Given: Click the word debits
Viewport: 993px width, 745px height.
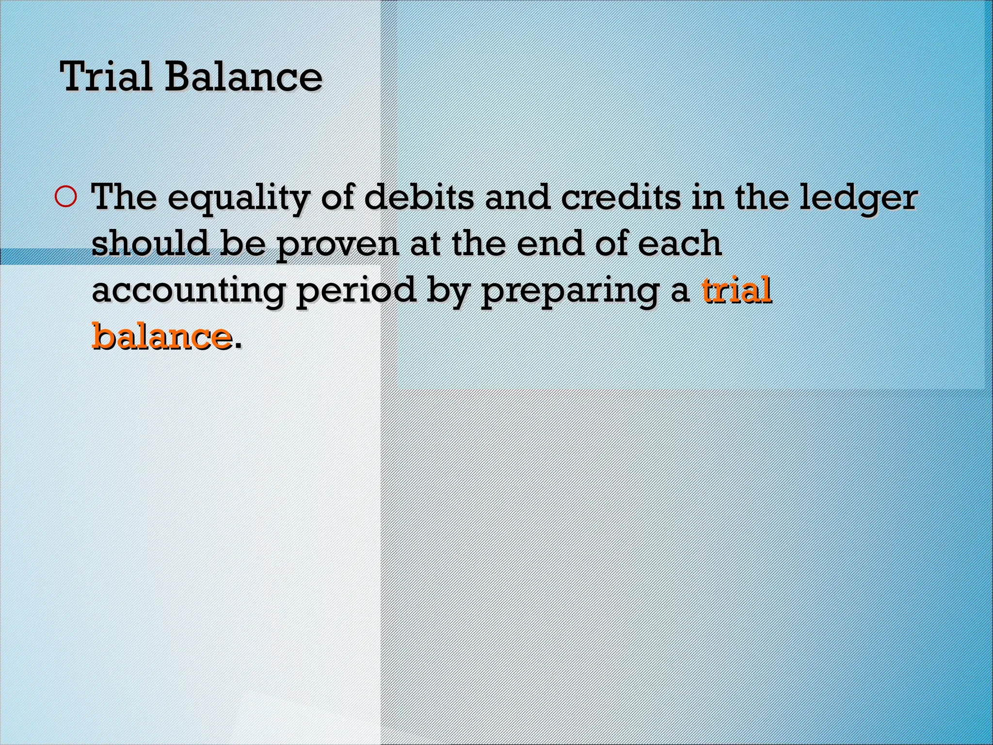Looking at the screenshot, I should tap(418, 197).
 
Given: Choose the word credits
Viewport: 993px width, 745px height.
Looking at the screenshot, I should tap(621, 197).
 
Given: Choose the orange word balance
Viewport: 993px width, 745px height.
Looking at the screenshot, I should tap(161, 336).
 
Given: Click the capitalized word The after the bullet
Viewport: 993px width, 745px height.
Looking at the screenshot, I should tap(124, 197).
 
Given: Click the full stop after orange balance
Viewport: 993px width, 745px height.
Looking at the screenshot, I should tap(237, 345).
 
